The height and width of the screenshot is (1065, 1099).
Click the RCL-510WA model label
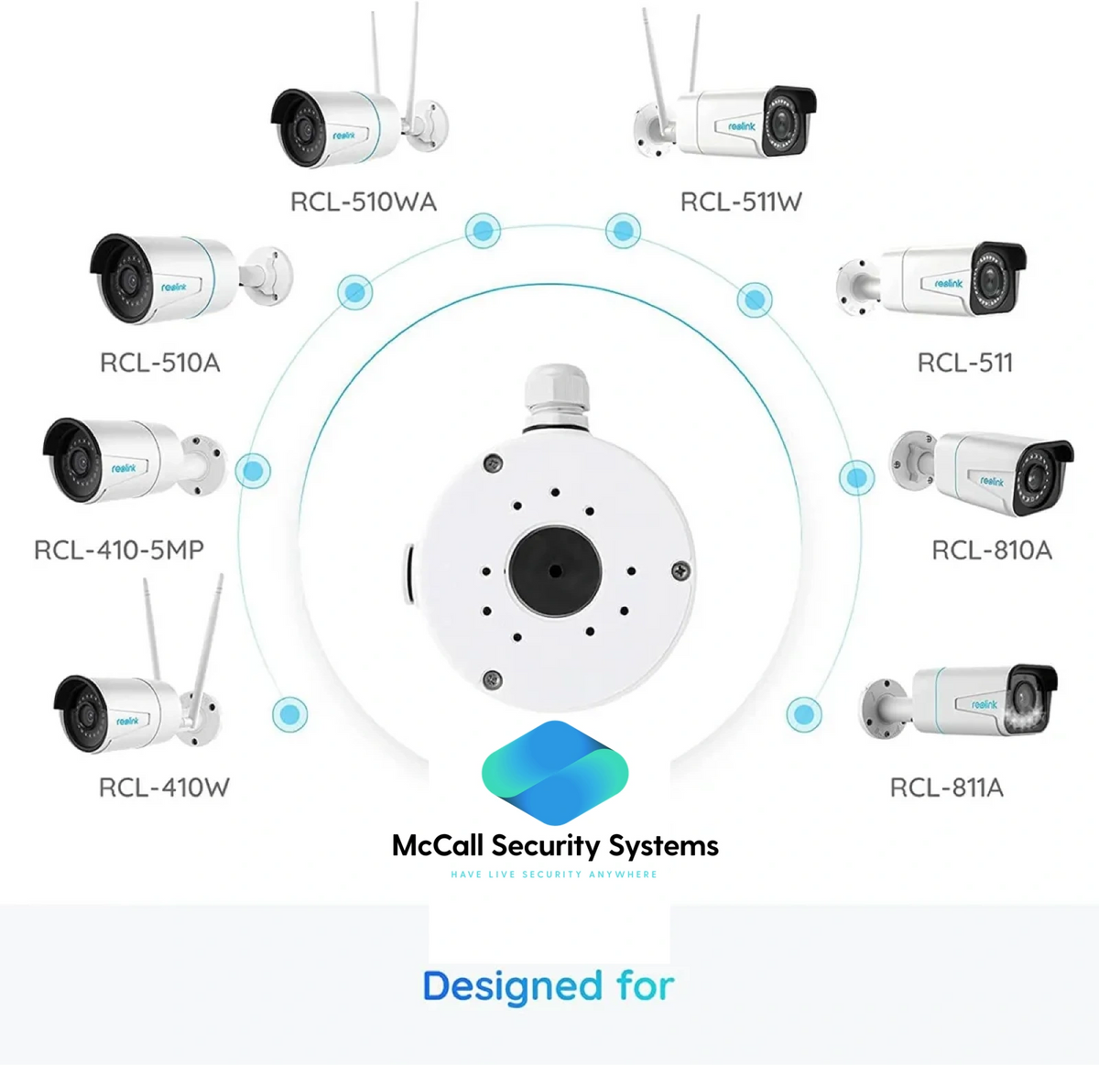[x=363, y=201]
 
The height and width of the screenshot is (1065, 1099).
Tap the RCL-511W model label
[x=741, y=201]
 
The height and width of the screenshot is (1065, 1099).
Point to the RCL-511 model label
[x=965, y=363]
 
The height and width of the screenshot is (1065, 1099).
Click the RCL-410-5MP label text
[x=119, y=549]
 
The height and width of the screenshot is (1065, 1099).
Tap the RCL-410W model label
[x=164, y=788]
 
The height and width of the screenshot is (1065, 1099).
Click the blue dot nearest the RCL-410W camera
[x=290, y=713]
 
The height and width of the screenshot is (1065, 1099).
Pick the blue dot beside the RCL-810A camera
[x=856, y=477]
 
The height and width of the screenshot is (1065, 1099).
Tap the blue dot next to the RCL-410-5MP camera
[x=253, y=471]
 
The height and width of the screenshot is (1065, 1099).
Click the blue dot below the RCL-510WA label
[x=483, y=230]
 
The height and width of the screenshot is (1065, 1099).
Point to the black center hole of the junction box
[x=554, y=570]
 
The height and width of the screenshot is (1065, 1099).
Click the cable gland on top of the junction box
[x=556, y=396]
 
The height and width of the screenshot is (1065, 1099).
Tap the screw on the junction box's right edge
[x=680, y=571]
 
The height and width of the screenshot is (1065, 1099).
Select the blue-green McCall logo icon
[x=555, y=772]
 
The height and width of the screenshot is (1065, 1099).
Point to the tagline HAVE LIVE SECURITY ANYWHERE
[x=554, y=875]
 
